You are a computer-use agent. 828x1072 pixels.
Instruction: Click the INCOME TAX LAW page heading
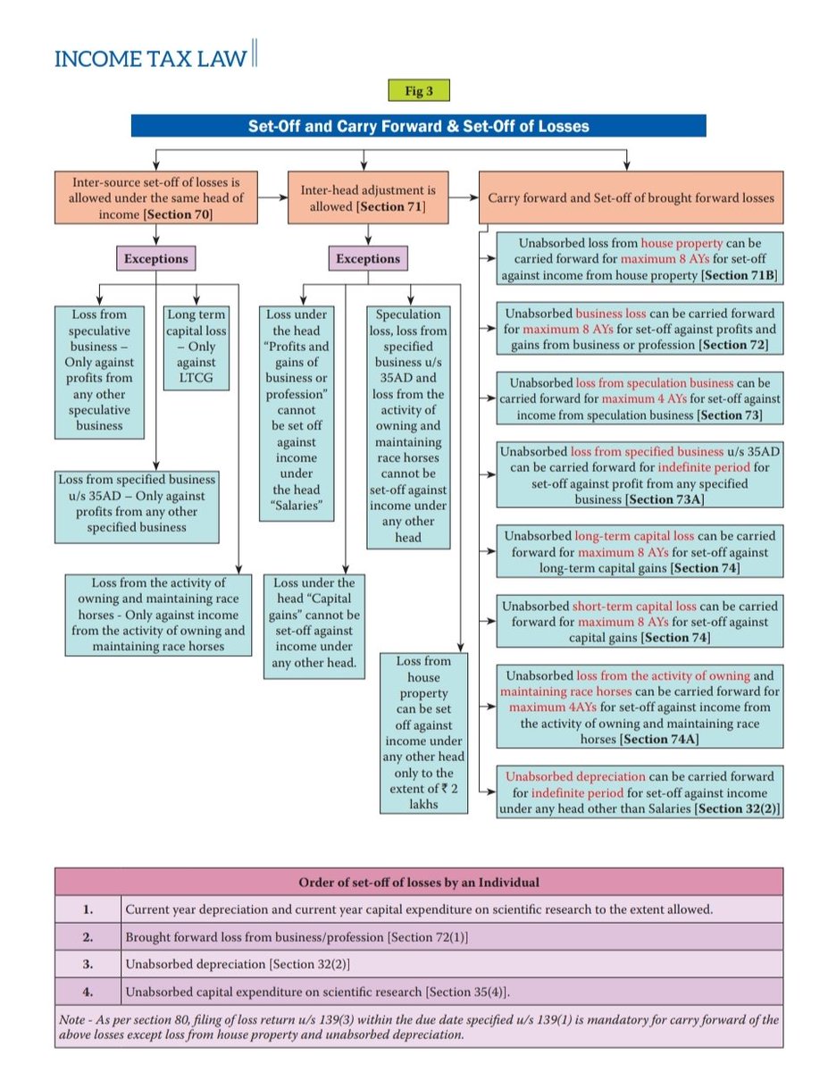(x=150, y=59)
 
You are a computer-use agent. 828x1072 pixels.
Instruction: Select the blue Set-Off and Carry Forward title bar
(x=418, y=126)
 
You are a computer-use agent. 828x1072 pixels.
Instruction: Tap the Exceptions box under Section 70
(x=155, y=259)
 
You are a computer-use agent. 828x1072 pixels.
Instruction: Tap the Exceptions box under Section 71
(x=367, y=259)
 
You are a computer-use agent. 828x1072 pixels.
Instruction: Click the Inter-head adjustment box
(x=367, y=198)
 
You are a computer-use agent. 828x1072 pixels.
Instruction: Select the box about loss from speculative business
(x=100, y=370)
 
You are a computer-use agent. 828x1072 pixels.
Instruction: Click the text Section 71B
(x=741, y=275)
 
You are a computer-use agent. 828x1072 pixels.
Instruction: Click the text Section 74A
(x=657, y=739)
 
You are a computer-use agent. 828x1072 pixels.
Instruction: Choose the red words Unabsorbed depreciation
(x=574, y=777)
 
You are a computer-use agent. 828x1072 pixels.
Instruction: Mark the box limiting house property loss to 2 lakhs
(x=424, y=733)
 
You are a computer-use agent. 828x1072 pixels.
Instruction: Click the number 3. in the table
(x=88, y=966)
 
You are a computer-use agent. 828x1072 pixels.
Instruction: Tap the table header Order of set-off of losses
(x=418, y=883)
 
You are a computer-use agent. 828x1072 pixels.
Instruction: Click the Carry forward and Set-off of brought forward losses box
(x=631, y=198)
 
